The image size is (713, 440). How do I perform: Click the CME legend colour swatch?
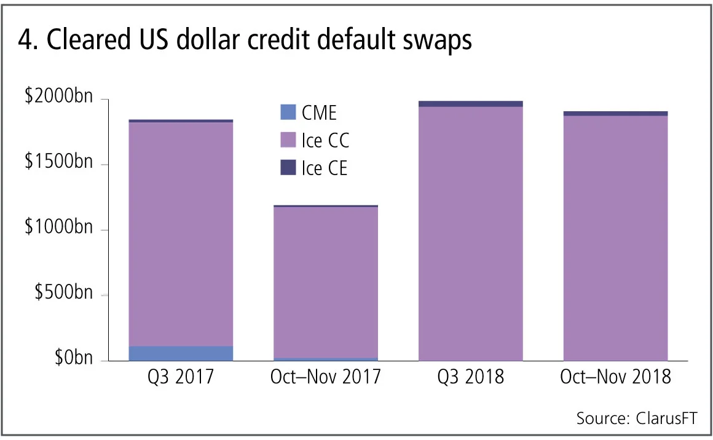[287, 112]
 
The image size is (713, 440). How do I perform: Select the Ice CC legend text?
[325, 140]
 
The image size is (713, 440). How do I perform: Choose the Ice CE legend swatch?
[287, 167]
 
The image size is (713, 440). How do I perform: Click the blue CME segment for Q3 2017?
[181, 353]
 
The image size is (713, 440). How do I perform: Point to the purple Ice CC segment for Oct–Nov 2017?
[326, 283]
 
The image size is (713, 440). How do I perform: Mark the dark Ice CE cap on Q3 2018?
[471, 104]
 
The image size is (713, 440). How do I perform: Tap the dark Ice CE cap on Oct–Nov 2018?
[615, 113]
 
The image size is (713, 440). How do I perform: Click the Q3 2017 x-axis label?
[181, 376]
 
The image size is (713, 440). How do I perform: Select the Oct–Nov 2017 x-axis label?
[326, 376]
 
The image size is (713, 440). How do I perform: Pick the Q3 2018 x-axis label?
[471, 376]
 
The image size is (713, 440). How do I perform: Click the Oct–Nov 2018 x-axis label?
[615, 376]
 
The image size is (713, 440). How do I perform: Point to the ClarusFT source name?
[663, 418]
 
